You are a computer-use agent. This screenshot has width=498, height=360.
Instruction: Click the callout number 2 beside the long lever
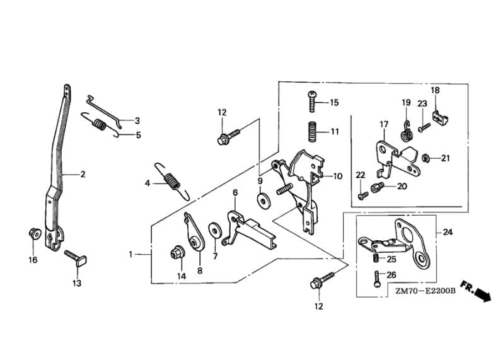click(x=83, y=174)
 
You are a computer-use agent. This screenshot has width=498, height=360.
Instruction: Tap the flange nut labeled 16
click(x=35, y=234)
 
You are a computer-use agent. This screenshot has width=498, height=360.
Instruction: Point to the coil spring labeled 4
click(x=173, y=182)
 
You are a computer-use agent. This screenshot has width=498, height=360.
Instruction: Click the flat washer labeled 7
click(x=215, y=229)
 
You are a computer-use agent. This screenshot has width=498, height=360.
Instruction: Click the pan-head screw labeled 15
click(x=313, y=101)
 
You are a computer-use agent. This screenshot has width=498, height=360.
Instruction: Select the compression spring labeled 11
click(x=313, y=132)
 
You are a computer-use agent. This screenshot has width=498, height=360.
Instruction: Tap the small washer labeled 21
click(x=426, y=157)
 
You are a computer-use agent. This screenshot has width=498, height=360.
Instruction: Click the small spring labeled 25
click(x=376, y=258)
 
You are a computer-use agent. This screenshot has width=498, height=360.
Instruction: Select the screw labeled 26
click(x=377, y=279)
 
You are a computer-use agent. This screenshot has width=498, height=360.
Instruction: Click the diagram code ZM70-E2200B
click(x=426, y=291)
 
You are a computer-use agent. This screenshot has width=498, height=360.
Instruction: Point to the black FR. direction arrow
click(x=477, y=291)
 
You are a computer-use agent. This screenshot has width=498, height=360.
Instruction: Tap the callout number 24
click(x=448, y=232)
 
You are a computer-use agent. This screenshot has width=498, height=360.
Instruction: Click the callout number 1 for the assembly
click(x=130, y=254)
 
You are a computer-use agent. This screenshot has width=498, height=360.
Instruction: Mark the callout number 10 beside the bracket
click(x=337, y=176)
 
